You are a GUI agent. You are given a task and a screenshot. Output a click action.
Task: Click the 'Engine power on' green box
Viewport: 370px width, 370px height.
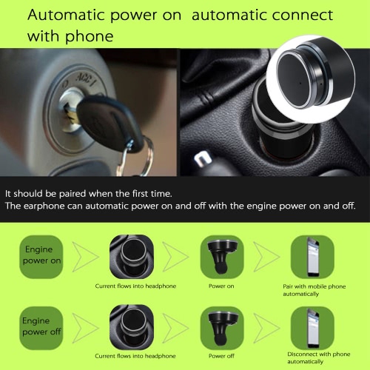point(41,257)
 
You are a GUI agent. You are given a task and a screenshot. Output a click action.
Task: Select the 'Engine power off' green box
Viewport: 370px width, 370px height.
point(41,328)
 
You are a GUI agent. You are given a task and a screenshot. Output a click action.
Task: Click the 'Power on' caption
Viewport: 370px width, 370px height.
point(221,286)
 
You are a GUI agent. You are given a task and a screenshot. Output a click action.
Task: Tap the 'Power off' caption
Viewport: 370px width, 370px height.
point(221,356)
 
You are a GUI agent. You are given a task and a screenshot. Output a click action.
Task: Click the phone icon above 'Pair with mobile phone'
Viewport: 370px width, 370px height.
point(313,257)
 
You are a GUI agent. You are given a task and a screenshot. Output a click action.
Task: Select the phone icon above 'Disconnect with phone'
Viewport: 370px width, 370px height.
point(313,328)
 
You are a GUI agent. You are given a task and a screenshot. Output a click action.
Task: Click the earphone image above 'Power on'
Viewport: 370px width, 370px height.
point(222,257)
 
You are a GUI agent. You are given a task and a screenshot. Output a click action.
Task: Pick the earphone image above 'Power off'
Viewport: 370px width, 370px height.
point(222,328)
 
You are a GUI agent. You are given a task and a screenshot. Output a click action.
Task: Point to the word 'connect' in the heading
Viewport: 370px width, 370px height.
point(303,15)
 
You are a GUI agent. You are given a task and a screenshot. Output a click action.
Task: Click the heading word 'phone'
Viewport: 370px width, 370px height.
point(90,36)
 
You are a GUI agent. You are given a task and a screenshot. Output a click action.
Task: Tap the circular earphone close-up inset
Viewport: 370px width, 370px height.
point(312,79)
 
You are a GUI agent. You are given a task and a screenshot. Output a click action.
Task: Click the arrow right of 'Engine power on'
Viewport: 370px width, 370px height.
point(86,257)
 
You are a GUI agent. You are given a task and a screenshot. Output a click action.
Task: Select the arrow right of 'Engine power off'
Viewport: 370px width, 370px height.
point(86,328)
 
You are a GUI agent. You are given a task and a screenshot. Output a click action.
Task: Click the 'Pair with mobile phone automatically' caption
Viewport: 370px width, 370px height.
point(314,290)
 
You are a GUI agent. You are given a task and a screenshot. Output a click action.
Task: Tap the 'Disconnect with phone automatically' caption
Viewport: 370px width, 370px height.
point(319,358)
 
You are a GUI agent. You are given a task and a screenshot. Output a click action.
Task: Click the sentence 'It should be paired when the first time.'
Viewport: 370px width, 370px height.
point(89,194)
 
